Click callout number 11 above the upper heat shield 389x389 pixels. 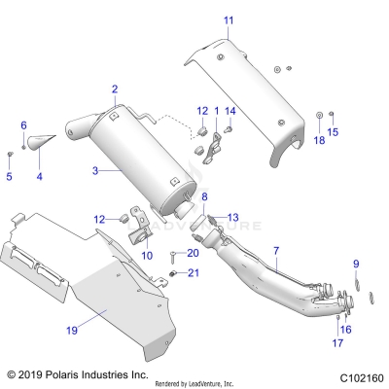click(229, 19)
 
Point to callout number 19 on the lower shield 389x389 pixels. click(72, 331)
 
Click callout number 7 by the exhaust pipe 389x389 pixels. click(276, 252)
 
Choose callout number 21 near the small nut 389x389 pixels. click(193, 272)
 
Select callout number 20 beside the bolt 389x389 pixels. click(193, 253)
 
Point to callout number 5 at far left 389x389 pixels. click(10, 176)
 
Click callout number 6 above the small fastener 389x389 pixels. click(23, 125)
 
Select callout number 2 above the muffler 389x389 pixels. click(115, 89)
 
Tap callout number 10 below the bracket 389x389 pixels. click(148, 255)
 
